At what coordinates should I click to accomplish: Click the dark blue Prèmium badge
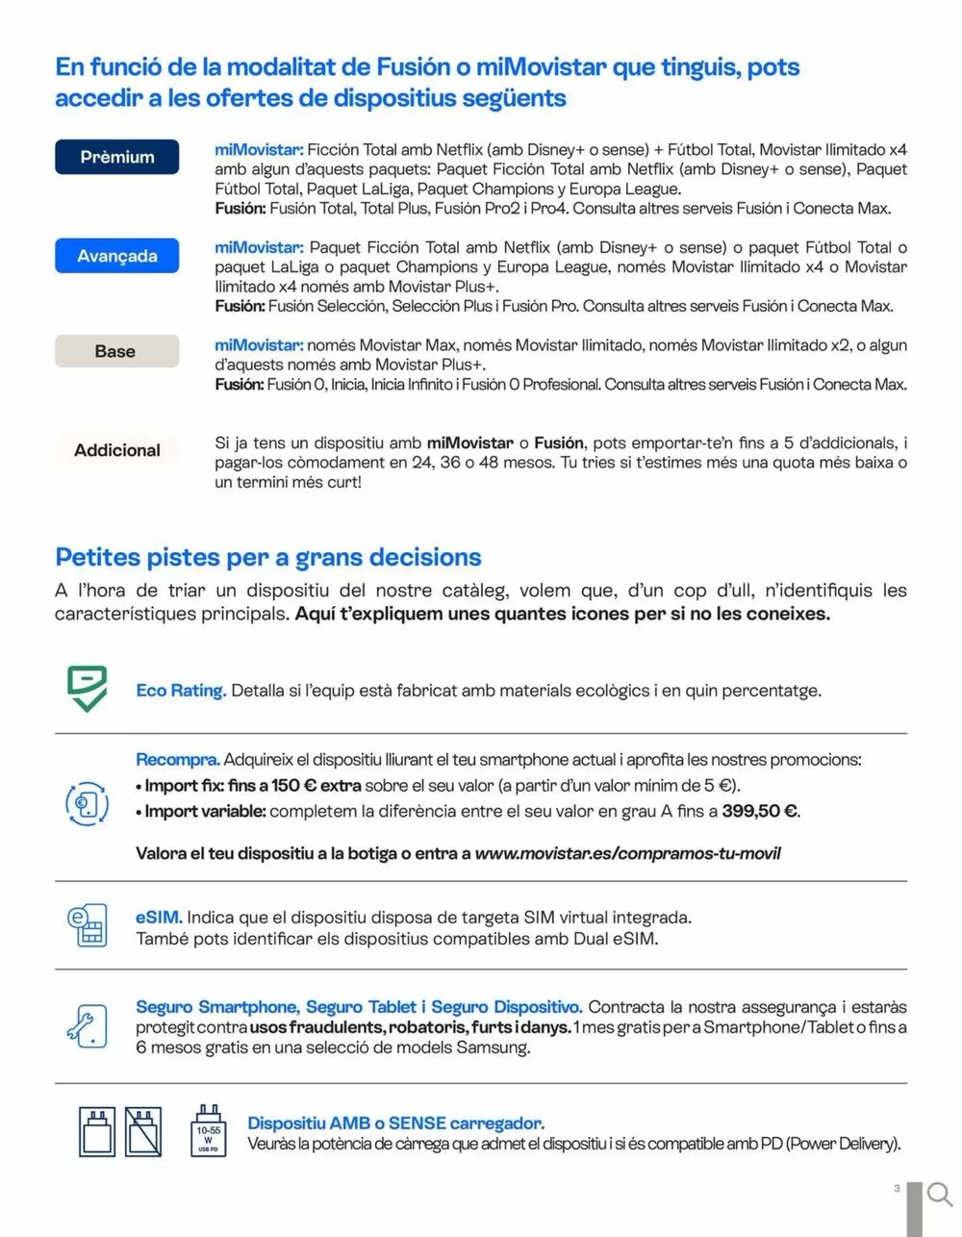tap(117, 157)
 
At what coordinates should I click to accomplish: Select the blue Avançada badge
tap(117, 256)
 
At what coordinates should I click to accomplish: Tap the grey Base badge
tap(116, 351)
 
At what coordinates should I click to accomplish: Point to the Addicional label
tap(117, 450)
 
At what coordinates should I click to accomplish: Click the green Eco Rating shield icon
tap(87, 689)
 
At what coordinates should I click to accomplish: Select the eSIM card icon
tap(87, 924)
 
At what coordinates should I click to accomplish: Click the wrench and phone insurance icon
tap(87, 1025)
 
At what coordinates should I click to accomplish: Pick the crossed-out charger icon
tap(142, 1131)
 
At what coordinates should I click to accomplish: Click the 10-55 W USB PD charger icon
tap(209, 1131)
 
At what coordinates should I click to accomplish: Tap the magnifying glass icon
tap(940, 1195)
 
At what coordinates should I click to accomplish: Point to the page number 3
tap(897, 1189)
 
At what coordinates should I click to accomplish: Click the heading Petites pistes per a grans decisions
tap(268, 557)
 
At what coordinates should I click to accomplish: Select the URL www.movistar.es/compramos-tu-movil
tap(627, 853)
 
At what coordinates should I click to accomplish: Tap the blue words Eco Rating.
tap(181, 691)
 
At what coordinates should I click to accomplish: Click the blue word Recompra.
tap(178, 760)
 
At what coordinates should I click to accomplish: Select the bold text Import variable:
tap(205, 811)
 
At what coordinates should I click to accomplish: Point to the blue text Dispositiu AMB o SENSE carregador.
tap(396, 1123)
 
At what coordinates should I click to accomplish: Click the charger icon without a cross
tap(98, 1131)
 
